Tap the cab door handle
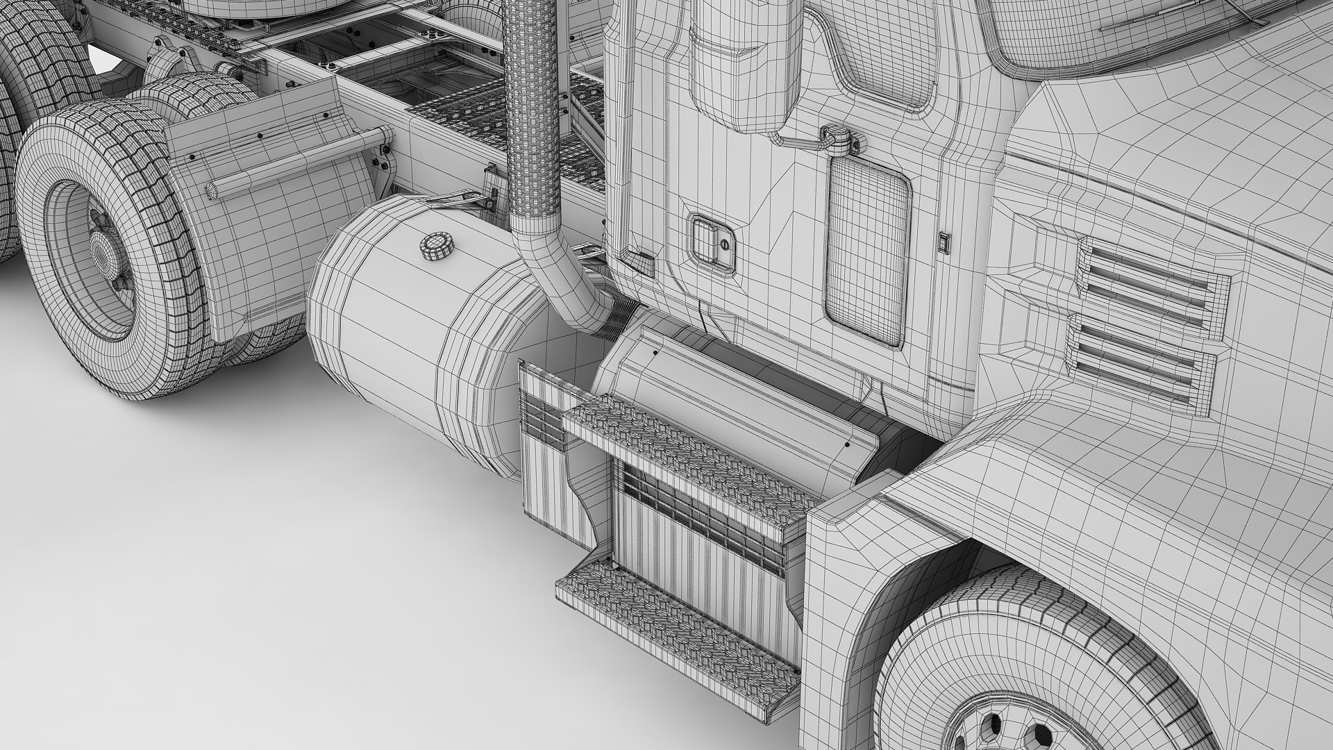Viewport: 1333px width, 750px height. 711,239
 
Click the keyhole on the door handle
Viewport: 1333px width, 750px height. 724,244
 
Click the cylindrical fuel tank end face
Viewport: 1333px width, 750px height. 368,340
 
